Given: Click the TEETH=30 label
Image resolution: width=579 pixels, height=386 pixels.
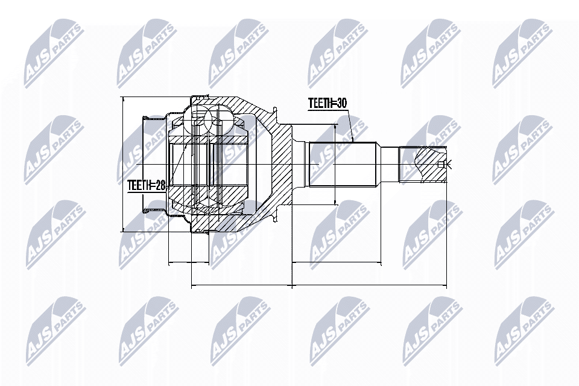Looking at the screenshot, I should (x=327, y=104).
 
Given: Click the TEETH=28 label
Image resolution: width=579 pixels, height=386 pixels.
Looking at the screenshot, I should (x=146, y=186).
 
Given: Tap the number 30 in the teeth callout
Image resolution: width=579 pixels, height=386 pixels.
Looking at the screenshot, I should (x=341, y=104).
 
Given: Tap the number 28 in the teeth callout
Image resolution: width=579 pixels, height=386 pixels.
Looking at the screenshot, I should (x=159, y=186).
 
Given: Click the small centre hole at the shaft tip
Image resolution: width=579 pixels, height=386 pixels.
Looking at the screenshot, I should (x=445, y=165).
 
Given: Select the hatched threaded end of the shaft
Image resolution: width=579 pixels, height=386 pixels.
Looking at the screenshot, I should (x=422, y=165).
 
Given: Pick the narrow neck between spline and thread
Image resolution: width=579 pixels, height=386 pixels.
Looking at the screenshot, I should (x=389, y=164).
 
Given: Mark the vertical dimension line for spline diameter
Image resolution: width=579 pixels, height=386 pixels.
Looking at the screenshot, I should (x=335, y=164).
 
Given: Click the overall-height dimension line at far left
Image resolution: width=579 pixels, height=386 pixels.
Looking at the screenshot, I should (x=122, y=164).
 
